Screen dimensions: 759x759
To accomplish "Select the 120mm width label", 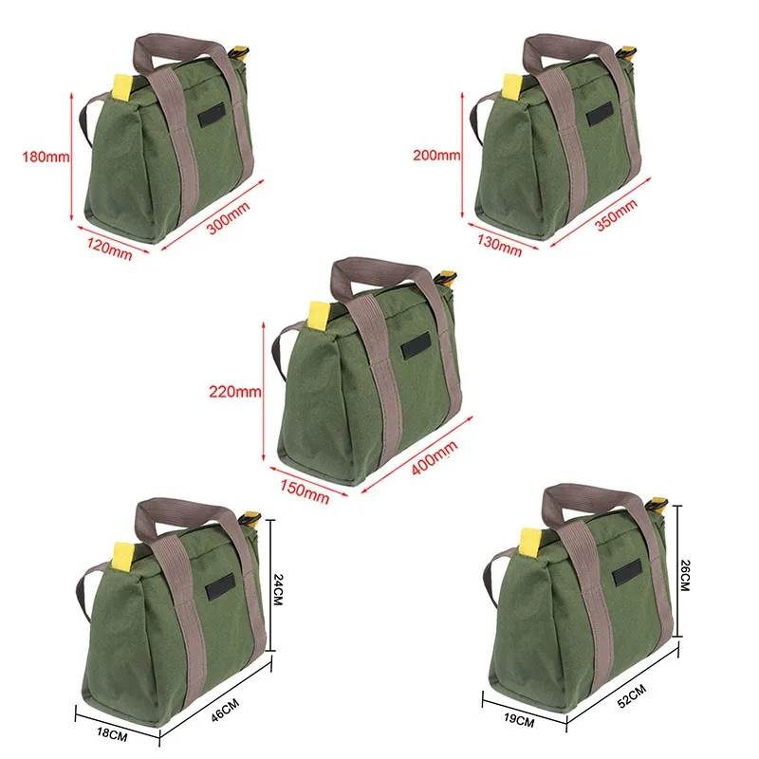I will point(108,250).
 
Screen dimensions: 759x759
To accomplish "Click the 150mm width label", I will point(305,492).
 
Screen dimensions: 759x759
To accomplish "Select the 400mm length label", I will point(435,459).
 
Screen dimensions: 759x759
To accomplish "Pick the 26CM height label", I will point(685,575).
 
